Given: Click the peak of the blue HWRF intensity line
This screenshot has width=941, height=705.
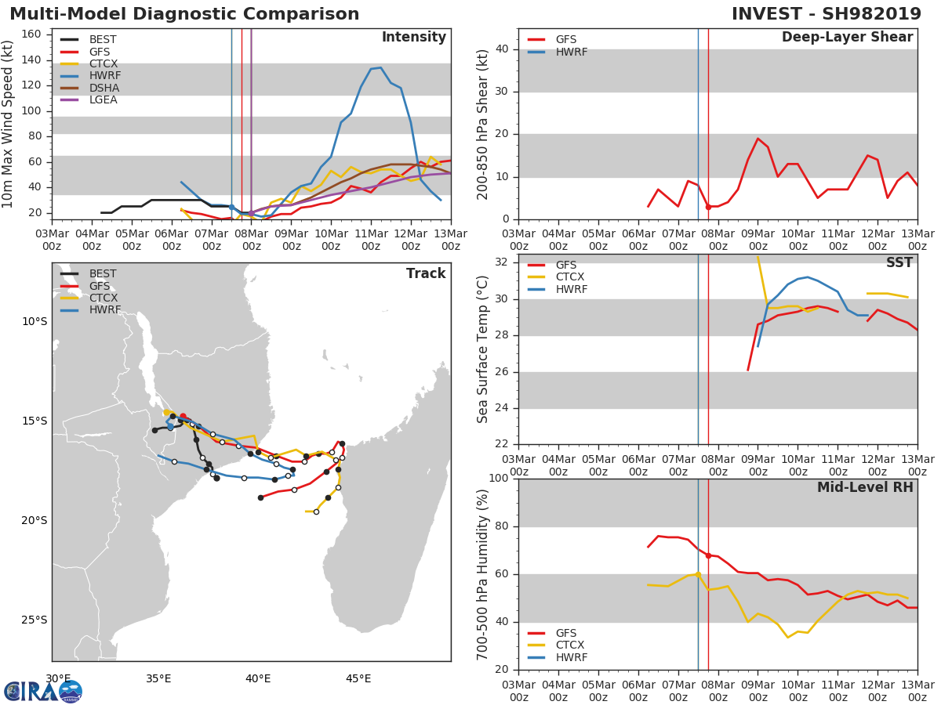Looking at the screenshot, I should [380, 67].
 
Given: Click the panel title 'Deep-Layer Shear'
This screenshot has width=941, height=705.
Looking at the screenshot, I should [847, 38].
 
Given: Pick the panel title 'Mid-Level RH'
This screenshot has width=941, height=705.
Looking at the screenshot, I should [865, 487].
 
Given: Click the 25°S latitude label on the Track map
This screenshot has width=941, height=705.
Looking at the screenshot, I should [35, 620].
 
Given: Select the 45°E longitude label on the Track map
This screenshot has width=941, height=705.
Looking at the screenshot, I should [358, 678].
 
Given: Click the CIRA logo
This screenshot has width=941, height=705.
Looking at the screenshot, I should [43, 692].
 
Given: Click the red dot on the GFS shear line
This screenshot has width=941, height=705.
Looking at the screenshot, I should [708, 207].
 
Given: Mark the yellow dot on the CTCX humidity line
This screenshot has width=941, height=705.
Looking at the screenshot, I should [698, 574].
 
